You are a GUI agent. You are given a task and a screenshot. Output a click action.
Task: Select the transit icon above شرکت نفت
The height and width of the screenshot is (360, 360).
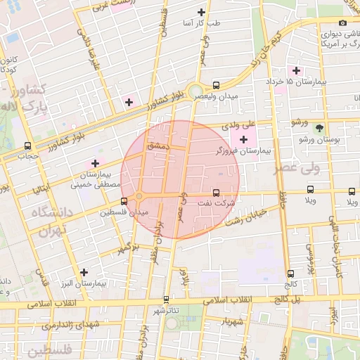(x=216, y=192)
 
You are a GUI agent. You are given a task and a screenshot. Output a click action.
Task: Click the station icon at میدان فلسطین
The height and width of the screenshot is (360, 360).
(x=124, y=201)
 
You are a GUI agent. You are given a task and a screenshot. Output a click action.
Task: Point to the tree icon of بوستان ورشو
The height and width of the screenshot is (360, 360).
(x=320, y=129)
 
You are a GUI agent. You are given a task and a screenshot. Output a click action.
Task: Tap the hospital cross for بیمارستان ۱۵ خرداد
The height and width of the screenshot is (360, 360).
(x=297, y=70)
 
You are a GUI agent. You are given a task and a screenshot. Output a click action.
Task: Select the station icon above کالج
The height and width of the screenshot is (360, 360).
(x=290, y=274)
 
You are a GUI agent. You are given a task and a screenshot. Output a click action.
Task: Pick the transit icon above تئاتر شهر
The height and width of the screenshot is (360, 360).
(x=167, y=299)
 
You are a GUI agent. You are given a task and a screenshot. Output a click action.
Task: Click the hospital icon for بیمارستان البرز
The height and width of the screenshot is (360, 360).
(x=84, y=272)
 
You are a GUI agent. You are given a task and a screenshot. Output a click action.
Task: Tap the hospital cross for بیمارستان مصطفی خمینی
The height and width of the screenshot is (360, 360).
(x=95, y=163)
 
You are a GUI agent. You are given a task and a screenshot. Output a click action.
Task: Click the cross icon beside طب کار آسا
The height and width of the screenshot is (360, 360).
(x=202, y=12)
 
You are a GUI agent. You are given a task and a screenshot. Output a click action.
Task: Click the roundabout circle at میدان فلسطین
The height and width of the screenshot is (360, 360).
(x=139, y=195)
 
